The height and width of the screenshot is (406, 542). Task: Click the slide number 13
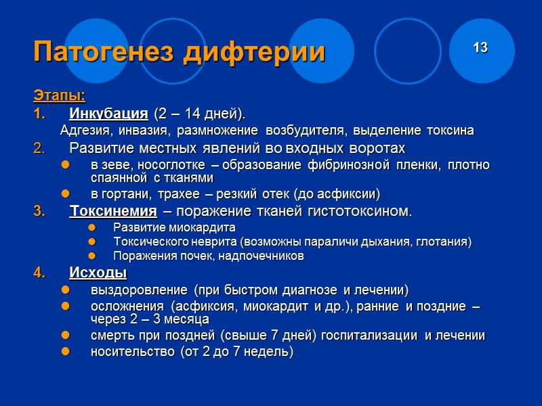[x=480, y=48]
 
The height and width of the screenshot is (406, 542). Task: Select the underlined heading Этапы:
[x=59, y=93]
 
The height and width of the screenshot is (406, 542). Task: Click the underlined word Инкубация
[x=108, y=112]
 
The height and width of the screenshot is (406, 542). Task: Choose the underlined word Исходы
[x=98, y=273]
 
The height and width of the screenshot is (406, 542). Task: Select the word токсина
[x=450, y=130]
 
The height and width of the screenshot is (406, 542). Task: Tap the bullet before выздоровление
[x=66, y=290]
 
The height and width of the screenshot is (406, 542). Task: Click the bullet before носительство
[x=66, y=352]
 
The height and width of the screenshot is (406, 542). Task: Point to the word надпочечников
[x=264, y=256]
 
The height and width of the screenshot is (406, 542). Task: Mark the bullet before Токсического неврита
[x=93, y=242]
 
